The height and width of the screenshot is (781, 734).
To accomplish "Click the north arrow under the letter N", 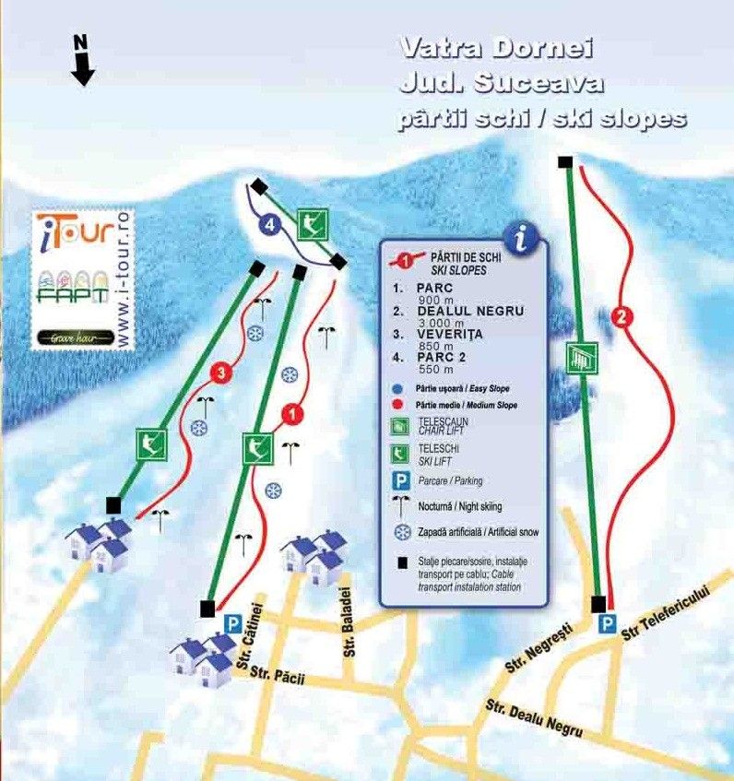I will point(83,68).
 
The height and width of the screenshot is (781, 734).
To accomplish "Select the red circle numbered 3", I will point(219,373).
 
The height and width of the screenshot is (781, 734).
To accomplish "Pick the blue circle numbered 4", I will point(269,224).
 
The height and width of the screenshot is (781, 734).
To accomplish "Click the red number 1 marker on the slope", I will point(292,415).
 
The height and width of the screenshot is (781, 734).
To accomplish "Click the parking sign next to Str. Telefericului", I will point(607,625).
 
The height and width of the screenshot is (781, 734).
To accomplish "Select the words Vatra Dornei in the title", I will point(496,48).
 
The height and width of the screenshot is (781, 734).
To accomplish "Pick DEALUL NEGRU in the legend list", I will point(470,311).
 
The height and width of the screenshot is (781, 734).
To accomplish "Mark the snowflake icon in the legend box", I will point(402,531).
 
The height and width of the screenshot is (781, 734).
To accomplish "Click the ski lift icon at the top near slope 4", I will point(314,222).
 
